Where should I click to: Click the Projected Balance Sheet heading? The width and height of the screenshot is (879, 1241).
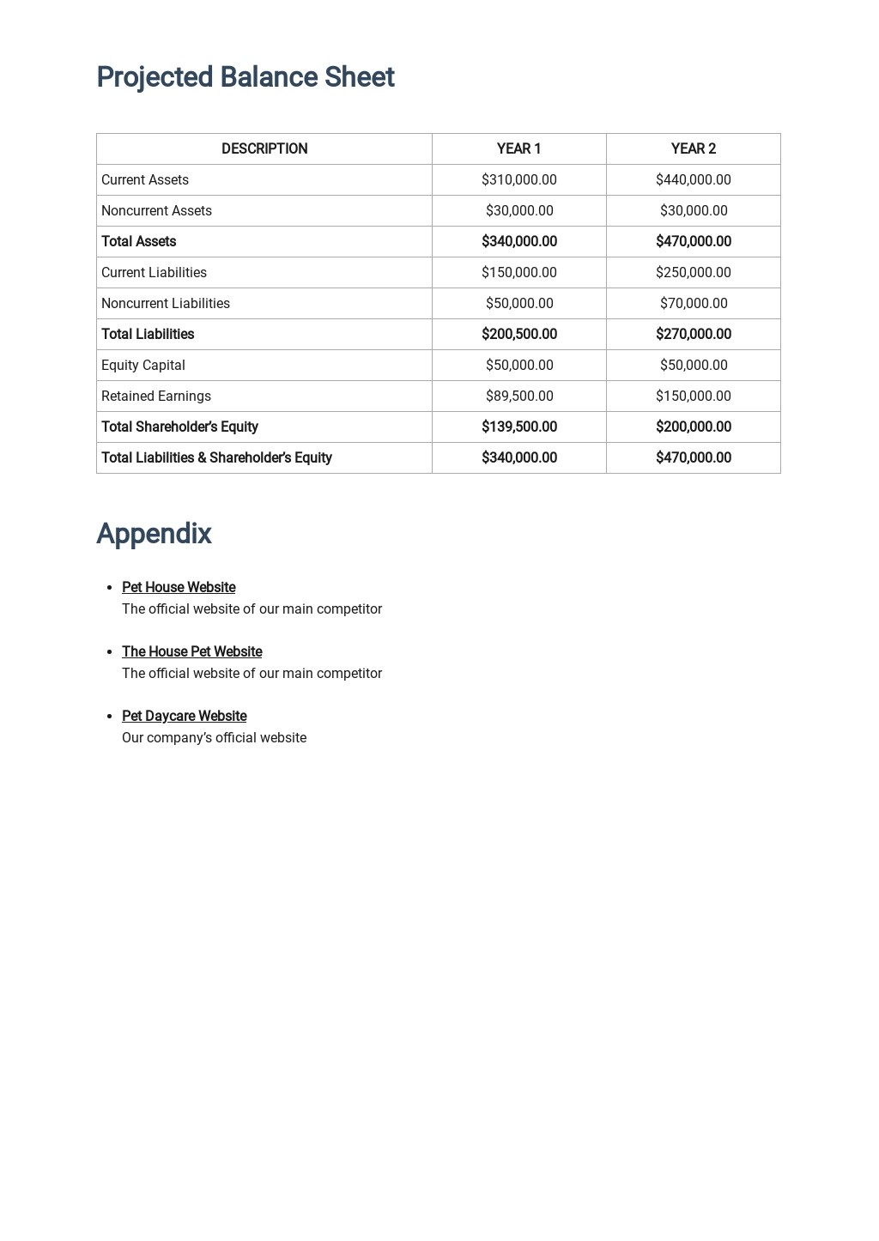click(245, 77)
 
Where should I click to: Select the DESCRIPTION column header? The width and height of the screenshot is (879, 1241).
click(264, 148)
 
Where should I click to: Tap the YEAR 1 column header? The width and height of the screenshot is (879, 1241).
click(518, 148)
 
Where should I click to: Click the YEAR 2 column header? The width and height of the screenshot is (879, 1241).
click(693, 148)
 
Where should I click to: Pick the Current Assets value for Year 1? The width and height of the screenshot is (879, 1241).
click(518, 179)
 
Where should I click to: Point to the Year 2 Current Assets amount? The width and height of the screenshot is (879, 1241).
click(693, 179)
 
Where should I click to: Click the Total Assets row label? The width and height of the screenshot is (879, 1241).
click(138, 241)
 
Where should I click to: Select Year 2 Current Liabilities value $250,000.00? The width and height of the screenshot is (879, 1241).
click(693, 272)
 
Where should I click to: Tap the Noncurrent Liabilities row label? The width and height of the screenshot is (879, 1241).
click(166, 303)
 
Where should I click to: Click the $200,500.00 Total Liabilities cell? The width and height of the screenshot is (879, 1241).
click(518, 334)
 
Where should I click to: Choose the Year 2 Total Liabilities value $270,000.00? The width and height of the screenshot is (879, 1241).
click(693, 334)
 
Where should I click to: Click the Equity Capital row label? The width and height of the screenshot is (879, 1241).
click(143, 365)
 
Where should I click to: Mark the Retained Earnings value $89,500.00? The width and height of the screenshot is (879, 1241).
click(518, 396)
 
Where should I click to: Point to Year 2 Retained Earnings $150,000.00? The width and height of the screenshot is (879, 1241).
click(693, 396)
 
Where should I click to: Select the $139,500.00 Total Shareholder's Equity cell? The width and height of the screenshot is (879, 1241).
click(518, 427)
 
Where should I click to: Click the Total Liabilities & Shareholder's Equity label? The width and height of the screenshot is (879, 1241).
click(216, 457)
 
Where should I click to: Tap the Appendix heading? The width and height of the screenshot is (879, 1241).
click(154, 534)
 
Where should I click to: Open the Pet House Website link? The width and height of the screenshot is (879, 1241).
click(179, 587)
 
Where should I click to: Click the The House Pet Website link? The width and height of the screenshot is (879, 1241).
click(191, 651)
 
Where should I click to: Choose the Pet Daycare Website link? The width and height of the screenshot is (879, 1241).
click(184, 716)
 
